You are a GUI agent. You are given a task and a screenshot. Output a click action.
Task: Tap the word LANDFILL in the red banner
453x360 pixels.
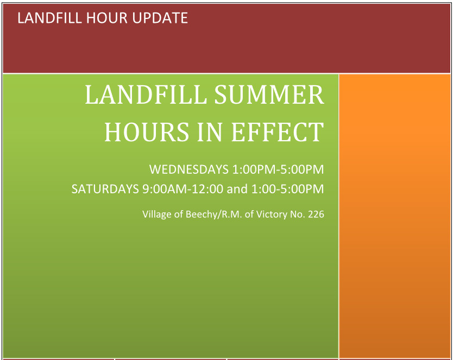[x=47, y=18]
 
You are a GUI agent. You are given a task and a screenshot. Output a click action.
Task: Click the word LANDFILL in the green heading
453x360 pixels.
[x=146, y=95]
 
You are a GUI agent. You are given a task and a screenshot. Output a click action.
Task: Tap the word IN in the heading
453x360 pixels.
[x=211, y=132]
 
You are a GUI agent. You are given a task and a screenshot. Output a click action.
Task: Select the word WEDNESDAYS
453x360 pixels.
[x=188, y=169]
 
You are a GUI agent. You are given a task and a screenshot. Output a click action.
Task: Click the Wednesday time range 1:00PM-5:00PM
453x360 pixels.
[x=278, y=169]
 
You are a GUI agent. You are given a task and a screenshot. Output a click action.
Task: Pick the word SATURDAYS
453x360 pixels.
[x=105, y=189]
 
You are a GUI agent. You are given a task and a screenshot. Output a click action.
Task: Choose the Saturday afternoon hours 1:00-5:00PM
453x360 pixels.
[x=287, y=189]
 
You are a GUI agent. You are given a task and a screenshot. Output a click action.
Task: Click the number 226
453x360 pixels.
[x=316, y=214]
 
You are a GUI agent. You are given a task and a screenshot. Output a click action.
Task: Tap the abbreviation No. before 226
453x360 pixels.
[x=297, y=214]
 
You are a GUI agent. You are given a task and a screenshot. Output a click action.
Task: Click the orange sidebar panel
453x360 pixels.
[x=395, y=217]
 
